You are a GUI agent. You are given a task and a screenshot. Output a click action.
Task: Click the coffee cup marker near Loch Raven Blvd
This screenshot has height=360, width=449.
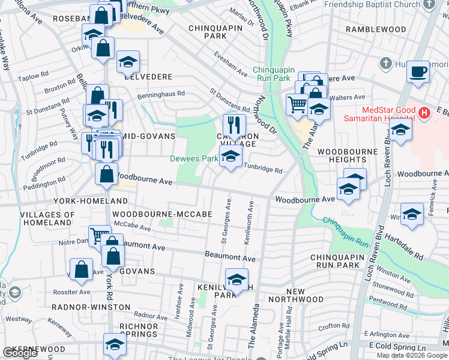point(418,73)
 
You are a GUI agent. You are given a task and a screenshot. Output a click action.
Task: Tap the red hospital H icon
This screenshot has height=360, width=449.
point(425,112)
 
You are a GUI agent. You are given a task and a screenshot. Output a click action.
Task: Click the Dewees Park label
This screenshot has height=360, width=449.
point(193,158)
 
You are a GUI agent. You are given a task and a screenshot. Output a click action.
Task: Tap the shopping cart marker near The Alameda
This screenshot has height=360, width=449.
point(297,105)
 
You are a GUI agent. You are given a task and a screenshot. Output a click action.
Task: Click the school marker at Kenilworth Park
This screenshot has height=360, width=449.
point(237,280)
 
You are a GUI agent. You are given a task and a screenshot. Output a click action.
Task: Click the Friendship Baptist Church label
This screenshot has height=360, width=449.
point(372,5)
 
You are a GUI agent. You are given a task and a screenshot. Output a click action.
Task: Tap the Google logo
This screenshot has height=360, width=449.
point(20,353)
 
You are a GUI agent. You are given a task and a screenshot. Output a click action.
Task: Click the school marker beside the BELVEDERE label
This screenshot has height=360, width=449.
point(128,61)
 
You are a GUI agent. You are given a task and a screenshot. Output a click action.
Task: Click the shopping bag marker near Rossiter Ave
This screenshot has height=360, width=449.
point(81,270)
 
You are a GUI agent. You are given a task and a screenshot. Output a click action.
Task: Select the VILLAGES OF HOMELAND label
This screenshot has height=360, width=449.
point(47,218)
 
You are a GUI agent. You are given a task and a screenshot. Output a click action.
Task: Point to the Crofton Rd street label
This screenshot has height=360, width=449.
point(330,326)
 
